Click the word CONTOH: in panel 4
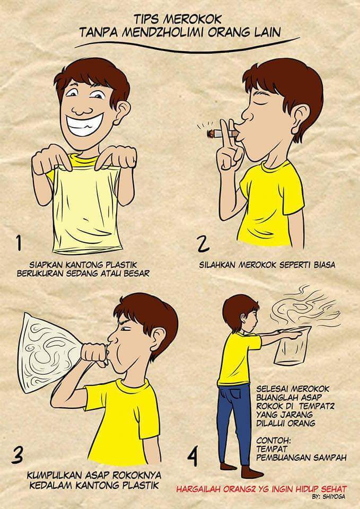[x=272, y=441]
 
